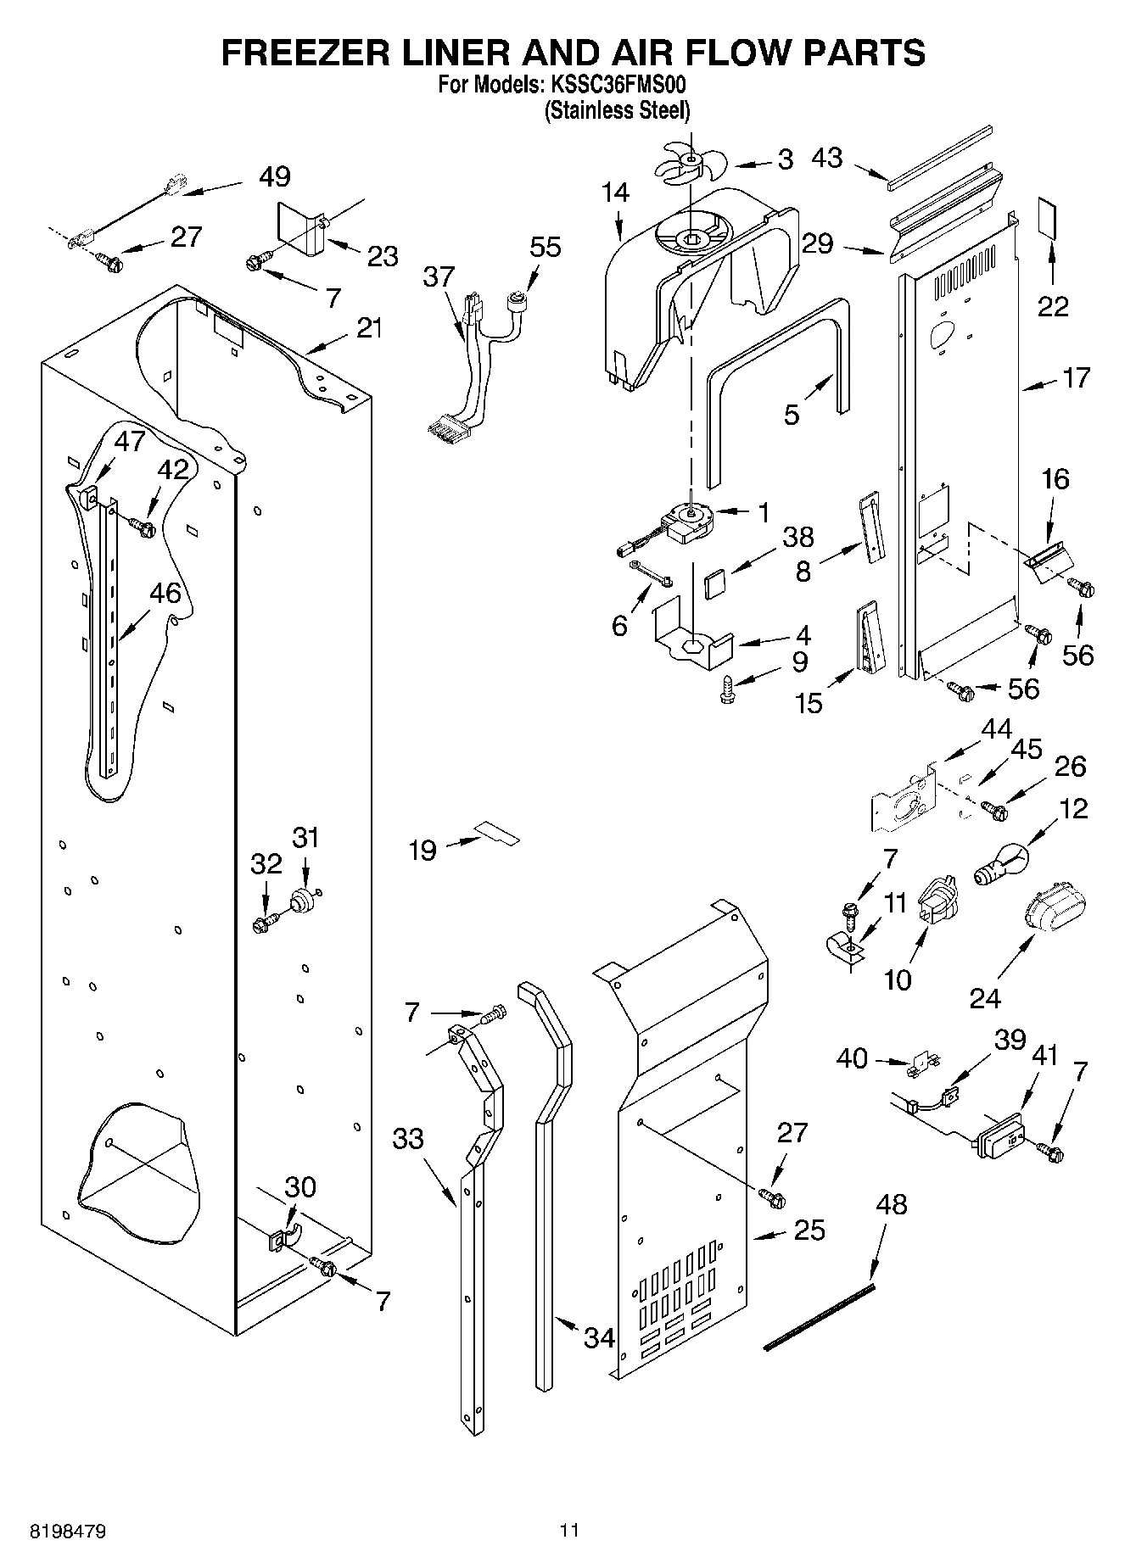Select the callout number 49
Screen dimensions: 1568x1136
pyautogui.click(x=274, y=176)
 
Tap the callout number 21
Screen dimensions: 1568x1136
pyautogui.click(x=369, y=328)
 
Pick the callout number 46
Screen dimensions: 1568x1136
pyautogui.click(x=165, y=593)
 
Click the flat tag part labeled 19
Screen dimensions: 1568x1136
pyautogui.click(x=498, y=834)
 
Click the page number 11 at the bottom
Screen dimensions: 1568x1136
pyautogui.click(x=568, y=1531)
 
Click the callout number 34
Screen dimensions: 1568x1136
pyautogui.click(x=599, y=1338)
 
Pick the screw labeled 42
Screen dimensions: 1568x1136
pyautogui.click(x=142, y=527)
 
